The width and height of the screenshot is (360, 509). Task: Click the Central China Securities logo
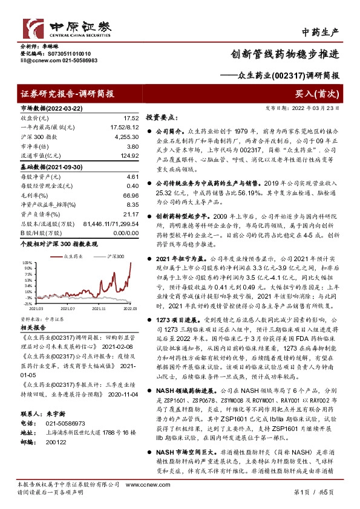point(67,27)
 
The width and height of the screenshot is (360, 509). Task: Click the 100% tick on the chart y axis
point(27,264)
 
